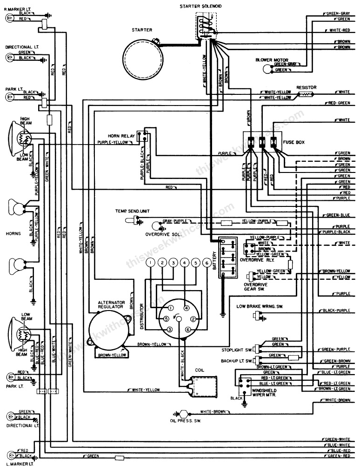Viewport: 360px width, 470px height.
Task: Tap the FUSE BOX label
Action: (x=293, y=142)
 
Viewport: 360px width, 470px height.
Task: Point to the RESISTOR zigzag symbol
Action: (x=307, y=94)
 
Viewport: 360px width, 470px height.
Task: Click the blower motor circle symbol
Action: (x=267, y=69)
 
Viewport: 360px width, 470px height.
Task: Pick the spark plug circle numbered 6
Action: (x=206, y=263)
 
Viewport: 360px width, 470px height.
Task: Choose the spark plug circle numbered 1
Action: (x=151, y=263)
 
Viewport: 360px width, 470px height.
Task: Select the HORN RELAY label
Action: (x=121, y=136)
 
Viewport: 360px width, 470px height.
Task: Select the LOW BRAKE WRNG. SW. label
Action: (x=260, y=306)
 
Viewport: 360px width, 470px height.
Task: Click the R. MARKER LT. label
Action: (x=17, y=8)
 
